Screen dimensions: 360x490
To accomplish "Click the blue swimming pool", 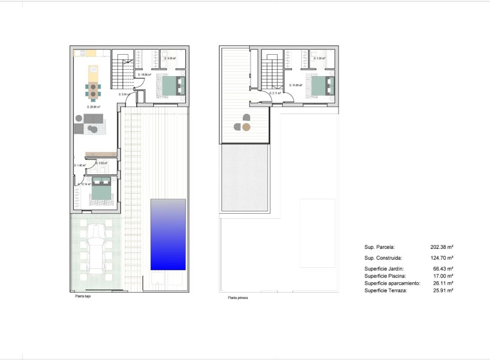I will (x=168, y=234).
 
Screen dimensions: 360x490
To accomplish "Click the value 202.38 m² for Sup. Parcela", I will (x=442, y=247).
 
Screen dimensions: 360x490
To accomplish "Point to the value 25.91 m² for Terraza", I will (x=442, y=291).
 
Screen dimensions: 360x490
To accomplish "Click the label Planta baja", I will (x=83, y=297).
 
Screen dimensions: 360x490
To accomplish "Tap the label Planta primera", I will (x=238, y=298).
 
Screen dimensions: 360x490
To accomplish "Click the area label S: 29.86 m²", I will (x=93, y=107).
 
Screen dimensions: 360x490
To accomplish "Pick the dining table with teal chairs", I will (x=92, y=90).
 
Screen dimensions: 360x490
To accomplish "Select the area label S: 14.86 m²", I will (x=296, y=85).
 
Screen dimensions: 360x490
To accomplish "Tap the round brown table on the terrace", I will (x=246, y=127).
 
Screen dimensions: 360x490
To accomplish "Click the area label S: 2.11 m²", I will (x=275, y=93).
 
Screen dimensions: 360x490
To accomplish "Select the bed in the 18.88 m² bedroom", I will (x=173, y=86).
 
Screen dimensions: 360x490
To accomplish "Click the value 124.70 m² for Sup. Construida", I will (x=442, y=258).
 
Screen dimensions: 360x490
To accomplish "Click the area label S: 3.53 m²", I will (x=102, y=164).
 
